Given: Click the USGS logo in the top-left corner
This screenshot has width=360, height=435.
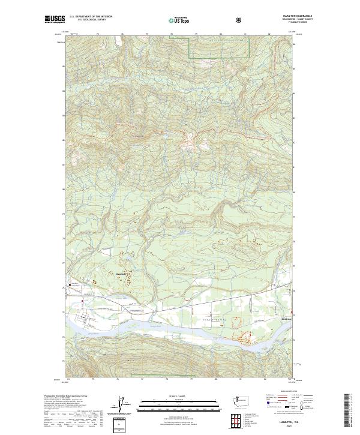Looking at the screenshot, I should coord(55,19).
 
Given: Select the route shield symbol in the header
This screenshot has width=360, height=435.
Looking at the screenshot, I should coord(239,19).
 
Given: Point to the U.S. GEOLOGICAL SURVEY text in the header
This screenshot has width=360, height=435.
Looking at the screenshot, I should coord(88,20).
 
